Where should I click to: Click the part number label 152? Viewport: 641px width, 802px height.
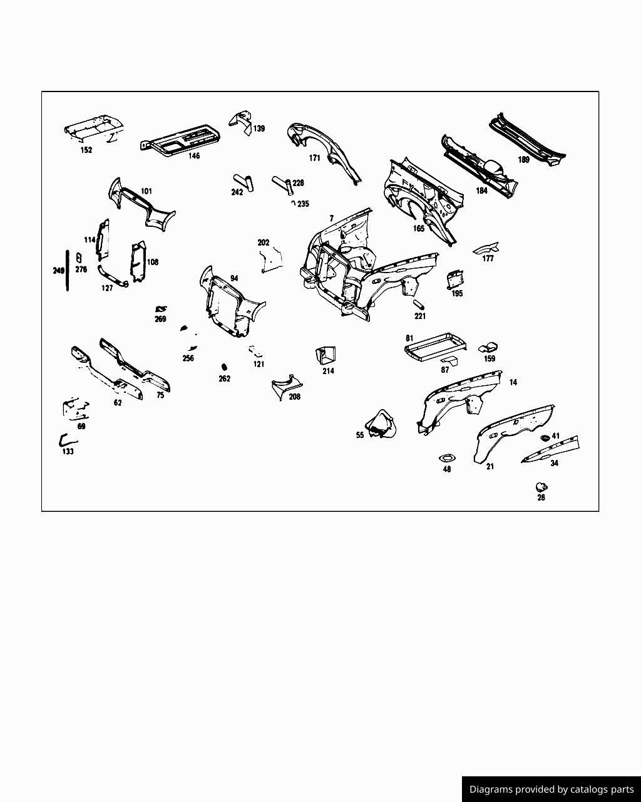(86, 150)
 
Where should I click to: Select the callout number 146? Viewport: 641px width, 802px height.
(193, 156)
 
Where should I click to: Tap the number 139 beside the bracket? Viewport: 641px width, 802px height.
(259, 128)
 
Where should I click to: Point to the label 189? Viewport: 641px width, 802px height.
(524, 160)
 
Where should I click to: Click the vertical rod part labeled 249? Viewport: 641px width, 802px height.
(68, 270)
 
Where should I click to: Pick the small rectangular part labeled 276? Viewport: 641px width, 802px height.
(79, 258)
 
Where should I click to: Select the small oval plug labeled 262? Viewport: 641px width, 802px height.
(224, 367)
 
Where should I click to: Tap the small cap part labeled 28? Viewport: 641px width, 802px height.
(541, 487)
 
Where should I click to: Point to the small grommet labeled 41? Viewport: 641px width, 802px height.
(545, 437)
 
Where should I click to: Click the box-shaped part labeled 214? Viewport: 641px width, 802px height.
(326, 355)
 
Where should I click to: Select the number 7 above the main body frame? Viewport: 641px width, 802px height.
(332, 219)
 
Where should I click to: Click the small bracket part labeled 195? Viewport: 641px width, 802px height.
(455, 279)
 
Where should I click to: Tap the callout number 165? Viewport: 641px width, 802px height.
(419, 229)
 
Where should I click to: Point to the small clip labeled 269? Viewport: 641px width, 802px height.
(160, 309)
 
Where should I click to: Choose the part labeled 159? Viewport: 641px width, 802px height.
(488, 348)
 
